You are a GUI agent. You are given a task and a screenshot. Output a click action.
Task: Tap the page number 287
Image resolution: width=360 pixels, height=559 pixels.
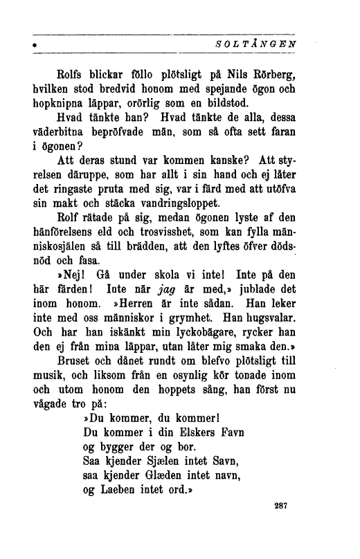tap(280, 506)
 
